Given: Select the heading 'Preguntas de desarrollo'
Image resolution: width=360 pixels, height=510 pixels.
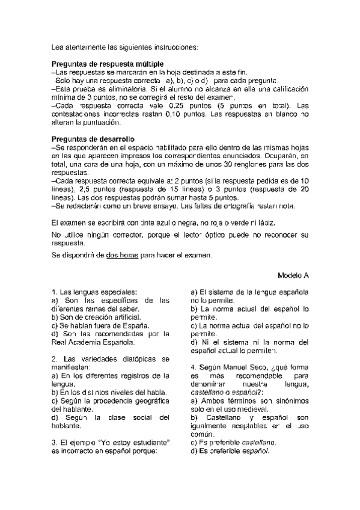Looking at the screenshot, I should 93,139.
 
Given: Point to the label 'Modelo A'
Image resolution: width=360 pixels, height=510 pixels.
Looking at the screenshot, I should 293,275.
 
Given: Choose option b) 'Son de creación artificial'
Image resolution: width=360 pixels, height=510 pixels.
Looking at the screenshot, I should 96,316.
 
